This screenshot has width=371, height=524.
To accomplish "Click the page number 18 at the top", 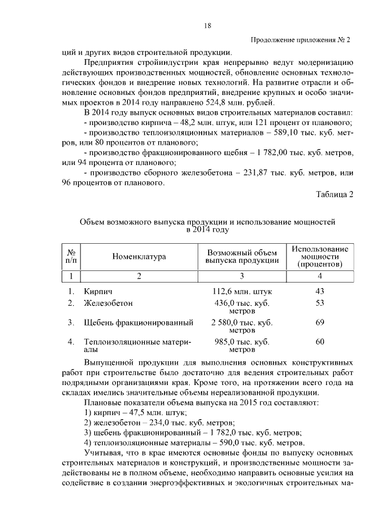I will click(208, 25).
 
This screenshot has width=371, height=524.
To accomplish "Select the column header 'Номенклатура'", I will click(139, 256).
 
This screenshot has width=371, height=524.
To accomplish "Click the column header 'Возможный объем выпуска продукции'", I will click(242, 256).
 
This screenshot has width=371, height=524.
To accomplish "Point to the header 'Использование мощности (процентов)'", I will click(320, 256).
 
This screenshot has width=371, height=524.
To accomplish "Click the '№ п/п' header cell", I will click(72, 256).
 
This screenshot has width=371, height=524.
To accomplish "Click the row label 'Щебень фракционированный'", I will click(138, 322).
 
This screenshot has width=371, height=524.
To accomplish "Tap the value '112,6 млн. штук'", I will click(242, 291).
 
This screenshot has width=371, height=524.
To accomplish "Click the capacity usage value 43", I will click(320, 291).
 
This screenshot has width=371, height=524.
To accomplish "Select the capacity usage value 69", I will click(320, 322).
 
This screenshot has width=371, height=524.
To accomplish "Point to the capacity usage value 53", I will click(320, 303).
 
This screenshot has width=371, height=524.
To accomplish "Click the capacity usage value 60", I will click(320, 342).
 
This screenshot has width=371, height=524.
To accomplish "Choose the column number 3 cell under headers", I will click(242, 276).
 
